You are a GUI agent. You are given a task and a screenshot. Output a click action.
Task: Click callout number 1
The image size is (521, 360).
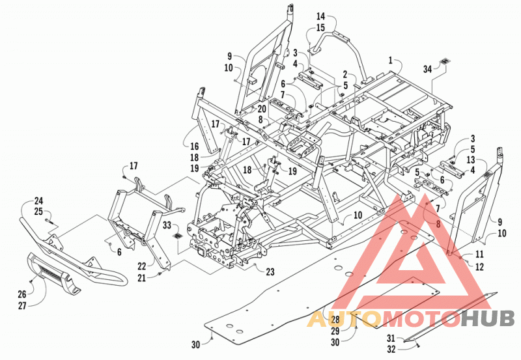pyautogui.click(x=391, y=61)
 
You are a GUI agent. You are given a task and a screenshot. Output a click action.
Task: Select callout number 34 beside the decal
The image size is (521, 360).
pyautogui.click(x=428, y=69)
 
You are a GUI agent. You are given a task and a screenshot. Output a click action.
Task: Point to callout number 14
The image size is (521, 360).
pyautogui.click(x=320, y=16)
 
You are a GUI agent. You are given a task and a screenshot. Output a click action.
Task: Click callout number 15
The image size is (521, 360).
pyautogui.click(x=320, y=27)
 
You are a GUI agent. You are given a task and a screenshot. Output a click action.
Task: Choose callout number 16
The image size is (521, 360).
pyautogui.click(x=194, y=146)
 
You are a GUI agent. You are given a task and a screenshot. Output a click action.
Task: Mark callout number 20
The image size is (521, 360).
pyautogui.click(x=262, y=109)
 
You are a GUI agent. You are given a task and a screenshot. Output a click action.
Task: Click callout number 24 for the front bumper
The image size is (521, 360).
pyautogui.click(x=38, y=201)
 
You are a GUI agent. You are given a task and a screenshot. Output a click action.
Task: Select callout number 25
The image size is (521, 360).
pyautogui.click(x=38, y=211)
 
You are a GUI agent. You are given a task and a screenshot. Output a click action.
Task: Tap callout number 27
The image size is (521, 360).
pyautogui.click(x=22, y=305)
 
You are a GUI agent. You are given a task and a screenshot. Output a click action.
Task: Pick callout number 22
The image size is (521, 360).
pyautogui.click(x=142, y=266)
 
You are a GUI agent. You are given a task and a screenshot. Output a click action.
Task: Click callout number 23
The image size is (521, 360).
pyautogui.click(x=270, y=272)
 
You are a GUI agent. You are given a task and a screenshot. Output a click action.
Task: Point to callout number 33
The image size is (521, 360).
pyautogui.click(x=167, y=225)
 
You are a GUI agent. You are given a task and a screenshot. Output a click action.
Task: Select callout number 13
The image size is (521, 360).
pyautogui.click(x=471, y=160)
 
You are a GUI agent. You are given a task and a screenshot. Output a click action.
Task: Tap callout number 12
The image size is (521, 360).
pyautogui.click(x=479, y=267)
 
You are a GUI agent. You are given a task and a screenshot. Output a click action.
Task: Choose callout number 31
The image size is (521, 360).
pyautogui.click(x=391, y=338)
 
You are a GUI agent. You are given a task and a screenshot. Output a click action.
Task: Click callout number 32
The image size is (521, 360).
pyautogui.click(x=391, y=349)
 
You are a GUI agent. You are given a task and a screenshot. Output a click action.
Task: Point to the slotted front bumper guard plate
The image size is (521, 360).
pyautogui.click(x=55, y=273)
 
